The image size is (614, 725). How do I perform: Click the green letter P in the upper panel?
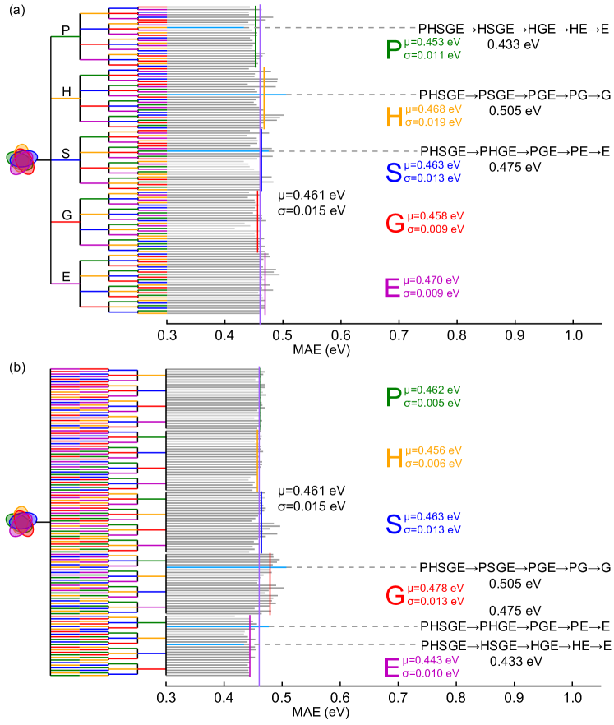(x=394, y=49)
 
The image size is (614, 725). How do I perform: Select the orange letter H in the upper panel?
(x=395, y=117)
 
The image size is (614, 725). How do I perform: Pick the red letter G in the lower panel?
(x=395, y=595)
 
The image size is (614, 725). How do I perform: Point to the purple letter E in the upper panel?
(x=392, y=288)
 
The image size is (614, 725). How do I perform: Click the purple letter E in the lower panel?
(x=392, y=667)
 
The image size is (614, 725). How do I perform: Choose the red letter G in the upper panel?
(x=395, y=223)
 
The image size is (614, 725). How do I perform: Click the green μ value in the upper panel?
(x=433, y=43)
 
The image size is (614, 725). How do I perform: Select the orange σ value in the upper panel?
(x=432, y=122)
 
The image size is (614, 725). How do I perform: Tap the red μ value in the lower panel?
(x=436, y=589)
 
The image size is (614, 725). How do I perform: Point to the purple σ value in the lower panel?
(x=431, y=673)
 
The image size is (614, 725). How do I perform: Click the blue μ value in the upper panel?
(x=433, y=165)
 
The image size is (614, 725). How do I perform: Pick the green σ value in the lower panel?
(x=432, y=403)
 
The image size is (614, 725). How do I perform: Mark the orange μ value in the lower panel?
(x=433, y=450)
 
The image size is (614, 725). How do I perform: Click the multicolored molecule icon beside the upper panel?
(x=22, y=160)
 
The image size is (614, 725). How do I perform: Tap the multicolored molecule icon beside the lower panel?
(x=21, y=522)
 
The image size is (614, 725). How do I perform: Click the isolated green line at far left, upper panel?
(x=65, y=36)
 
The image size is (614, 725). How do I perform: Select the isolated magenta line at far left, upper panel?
(x=65, y=284)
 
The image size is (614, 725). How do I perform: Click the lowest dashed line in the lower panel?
(x=341, y=644)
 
